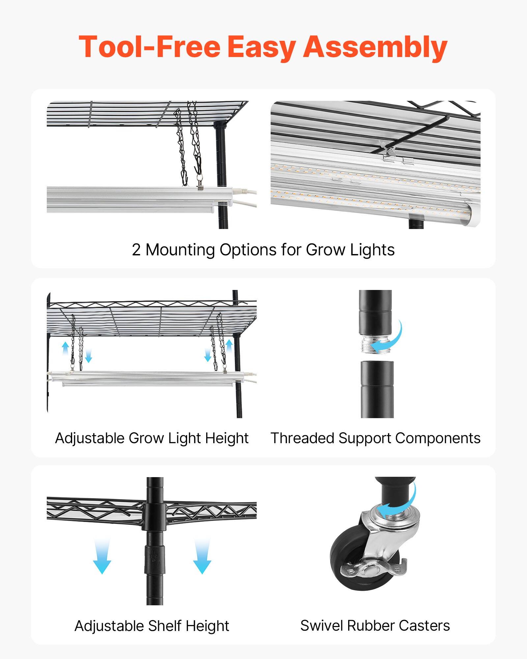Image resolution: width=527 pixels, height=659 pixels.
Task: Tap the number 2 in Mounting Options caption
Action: tap(136, 250)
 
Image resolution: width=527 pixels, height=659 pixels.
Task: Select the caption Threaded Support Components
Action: tap(375, 438)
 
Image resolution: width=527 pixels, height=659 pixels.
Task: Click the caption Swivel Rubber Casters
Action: tap(375, 625)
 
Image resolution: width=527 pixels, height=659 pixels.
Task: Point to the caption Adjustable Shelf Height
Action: tap(152, 626)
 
